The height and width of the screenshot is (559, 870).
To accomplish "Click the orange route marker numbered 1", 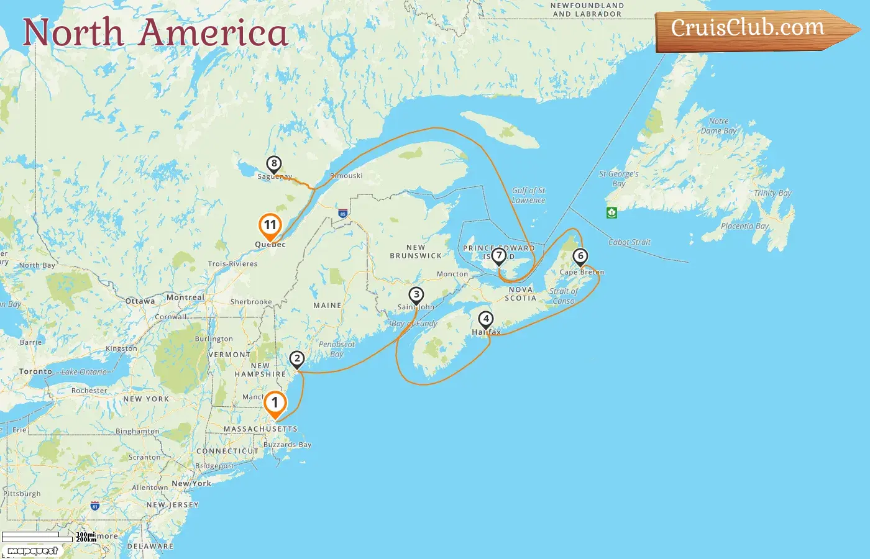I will click(x=275, y=404).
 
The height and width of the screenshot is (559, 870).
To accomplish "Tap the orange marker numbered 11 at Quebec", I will click(x=270, y=225).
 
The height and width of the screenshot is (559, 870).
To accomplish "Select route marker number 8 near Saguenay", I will click(x=273, y=164).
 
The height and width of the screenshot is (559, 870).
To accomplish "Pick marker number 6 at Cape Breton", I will click(x=580, y=256).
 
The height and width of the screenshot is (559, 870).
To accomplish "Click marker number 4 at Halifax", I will click(x=486, y=319).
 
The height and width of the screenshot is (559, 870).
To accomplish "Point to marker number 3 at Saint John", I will click(x=416, y=294).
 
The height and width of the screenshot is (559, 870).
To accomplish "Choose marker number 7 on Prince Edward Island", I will click(x=498, y=255).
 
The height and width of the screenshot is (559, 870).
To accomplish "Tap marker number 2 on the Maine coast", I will click(x=297, y=358).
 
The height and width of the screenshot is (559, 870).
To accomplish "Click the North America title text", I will click(x=155, y=32).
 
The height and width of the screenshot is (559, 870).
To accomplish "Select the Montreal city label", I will click(x=185, y=298).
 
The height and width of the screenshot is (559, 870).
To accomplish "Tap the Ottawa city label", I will click(x=140, y=301).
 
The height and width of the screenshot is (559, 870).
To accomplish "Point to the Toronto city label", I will click(x=35, y=371).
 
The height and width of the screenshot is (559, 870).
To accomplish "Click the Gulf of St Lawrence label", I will click(x=528, y=195).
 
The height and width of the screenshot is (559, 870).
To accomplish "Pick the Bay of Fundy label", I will click(x=414, y=324).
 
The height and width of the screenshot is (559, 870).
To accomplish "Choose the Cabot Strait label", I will click(x=630, y=242).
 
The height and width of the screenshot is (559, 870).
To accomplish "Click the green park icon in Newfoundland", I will click(x=611, y=212).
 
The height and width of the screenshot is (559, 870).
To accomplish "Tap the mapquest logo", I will click(x=32, y=551).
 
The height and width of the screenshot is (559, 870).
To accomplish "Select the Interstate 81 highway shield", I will click(x=94, y=506).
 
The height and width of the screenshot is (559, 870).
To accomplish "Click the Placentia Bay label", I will click(x=744, y=226).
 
